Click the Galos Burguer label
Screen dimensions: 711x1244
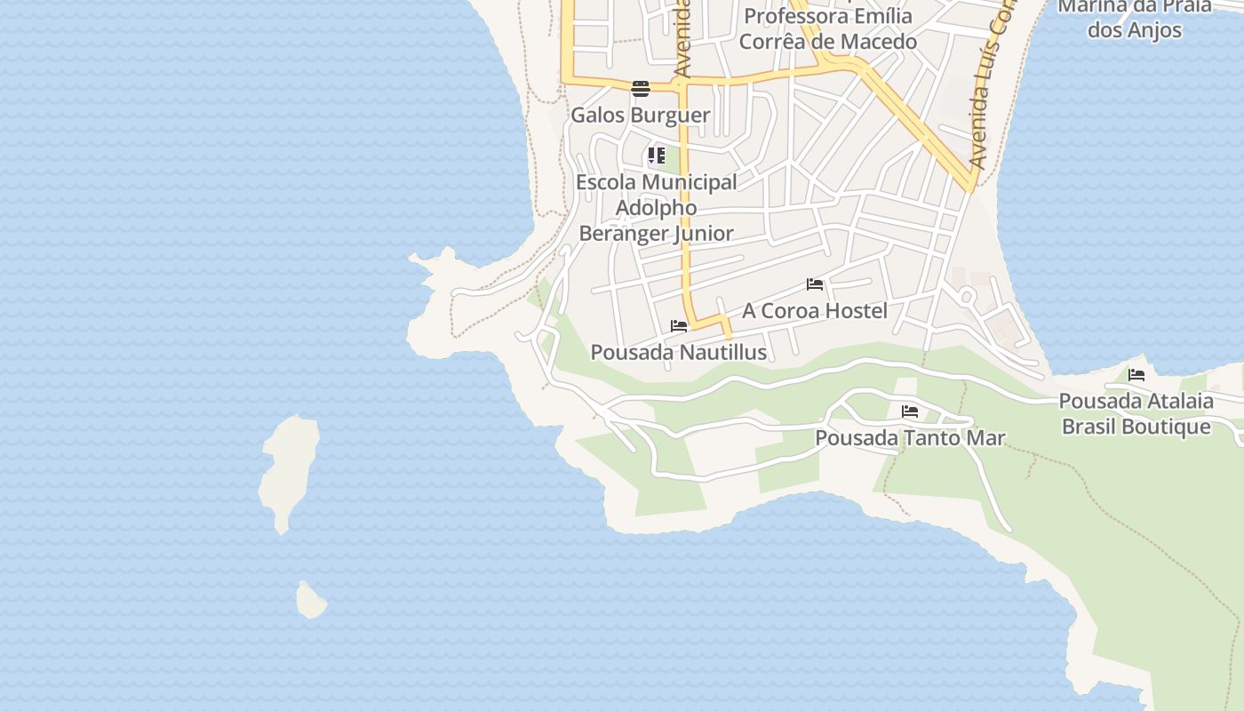pos(640,116)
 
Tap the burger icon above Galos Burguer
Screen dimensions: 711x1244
pos(641,88)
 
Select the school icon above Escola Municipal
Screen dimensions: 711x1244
pos(657,156)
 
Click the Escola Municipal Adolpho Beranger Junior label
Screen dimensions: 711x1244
pos(657,208)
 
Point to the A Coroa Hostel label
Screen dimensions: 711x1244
pos(815,310)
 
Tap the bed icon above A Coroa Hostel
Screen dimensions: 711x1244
pos(815,284)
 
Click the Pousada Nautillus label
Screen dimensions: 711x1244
pos(679,352)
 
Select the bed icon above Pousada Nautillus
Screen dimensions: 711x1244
pos(679,326)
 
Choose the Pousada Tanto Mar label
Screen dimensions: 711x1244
pos(910,438)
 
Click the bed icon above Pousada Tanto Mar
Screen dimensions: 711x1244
pos(910,411)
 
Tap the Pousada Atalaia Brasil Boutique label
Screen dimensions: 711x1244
pos(1136,413)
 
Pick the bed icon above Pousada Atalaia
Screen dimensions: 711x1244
pos(1136,375)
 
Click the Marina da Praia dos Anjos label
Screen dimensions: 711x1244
pos(1135,18)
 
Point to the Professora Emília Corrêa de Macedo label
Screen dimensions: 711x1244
pos(827,29)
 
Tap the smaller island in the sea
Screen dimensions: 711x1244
pos(310,601)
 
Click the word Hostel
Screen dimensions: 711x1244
pos(855,310)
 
